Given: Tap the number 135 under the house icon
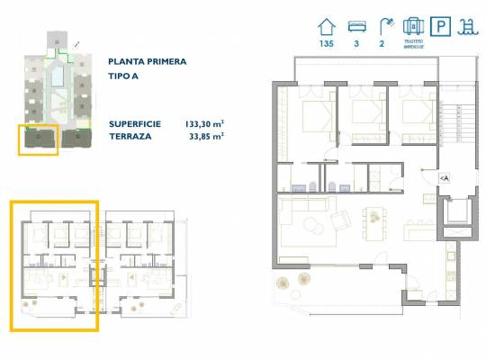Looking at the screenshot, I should [327, 44].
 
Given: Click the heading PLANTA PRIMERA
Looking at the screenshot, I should [147, 62].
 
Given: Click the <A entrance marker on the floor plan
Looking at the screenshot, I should [443, 179].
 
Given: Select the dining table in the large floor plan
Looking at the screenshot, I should [373, 221].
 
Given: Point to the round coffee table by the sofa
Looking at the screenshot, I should [315, 223].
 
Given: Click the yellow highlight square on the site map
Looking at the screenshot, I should [39, 139].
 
